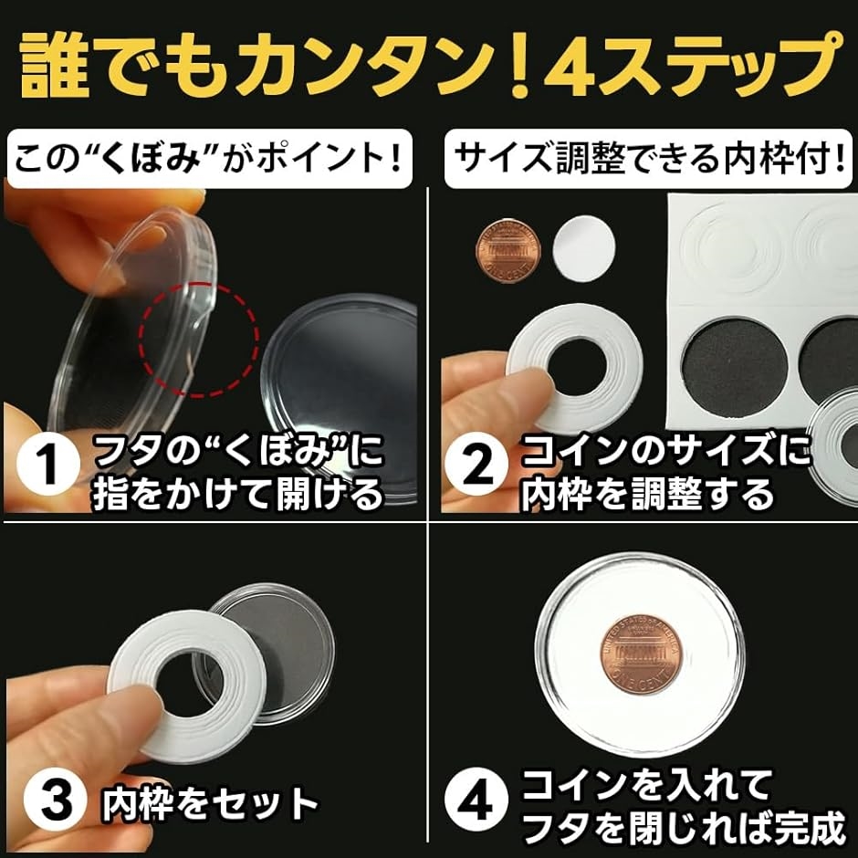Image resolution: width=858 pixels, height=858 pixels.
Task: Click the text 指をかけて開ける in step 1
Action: coord(237,495)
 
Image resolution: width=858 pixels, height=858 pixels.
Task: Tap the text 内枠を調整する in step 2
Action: coord(647,495)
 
